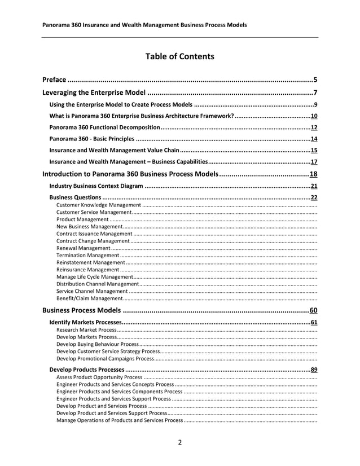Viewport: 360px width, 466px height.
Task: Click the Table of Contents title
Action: pyautogui.click(x=179, y=56)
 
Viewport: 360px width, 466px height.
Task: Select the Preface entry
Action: pyautogui.click(x=55, y=80)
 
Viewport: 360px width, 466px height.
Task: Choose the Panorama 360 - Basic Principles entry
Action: pyautogui.click(x=91, y=139)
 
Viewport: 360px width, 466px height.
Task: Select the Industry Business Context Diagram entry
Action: pyautogui.click(x=96, y=186)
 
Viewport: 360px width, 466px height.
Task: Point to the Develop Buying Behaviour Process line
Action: pyautogui.click(x=97, y=344)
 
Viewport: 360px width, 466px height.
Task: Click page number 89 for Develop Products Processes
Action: pyautogui.click(x=314, y=370)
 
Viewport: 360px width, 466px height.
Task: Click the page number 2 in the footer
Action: pyautogui.click(x=180, y=442)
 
